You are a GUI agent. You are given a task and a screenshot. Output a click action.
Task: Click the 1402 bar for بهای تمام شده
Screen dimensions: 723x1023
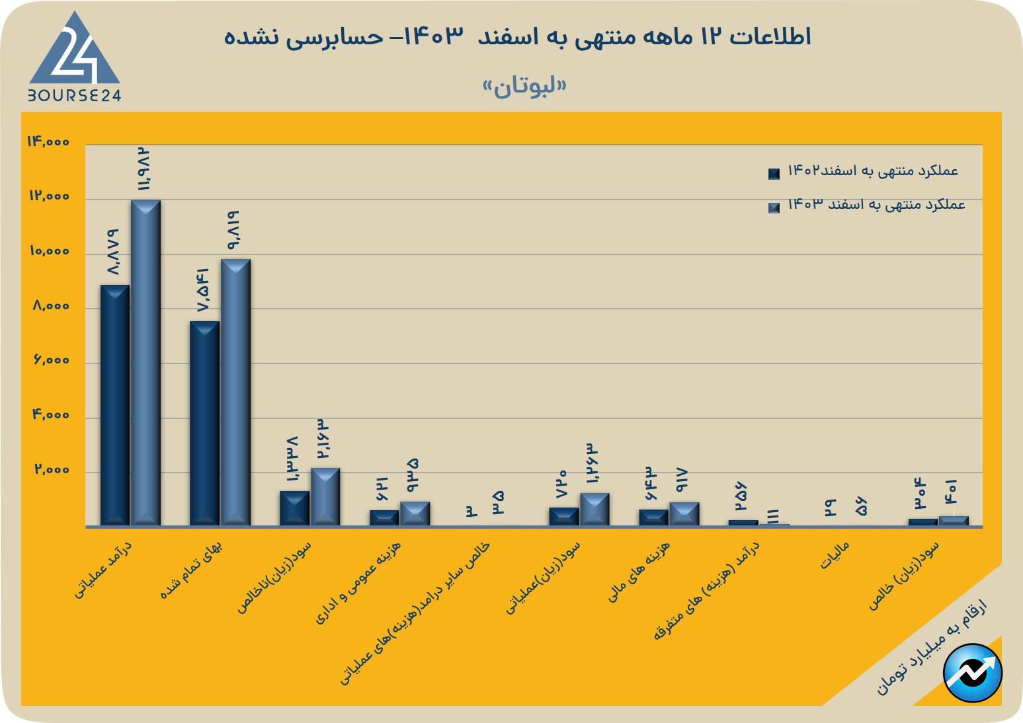point(204,423)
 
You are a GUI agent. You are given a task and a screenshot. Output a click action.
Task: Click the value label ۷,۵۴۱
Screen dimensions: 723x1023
point(202,291)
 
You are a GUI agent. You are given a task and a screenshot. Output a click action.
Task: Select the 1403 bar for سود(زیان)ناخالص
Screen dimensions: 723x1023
point(325,496)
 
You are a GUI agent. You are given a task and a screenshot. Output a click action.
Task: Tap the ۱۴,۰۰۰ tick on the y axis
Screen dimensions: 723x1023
point(48,142)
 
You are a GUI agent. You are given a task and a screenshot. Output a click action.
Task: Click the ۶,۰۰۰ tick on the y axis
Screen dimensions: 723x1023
point(50,361)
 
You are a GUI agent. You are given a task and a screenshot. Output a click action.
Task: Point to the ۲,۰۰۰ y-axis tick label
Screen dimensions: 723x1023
point(51,470)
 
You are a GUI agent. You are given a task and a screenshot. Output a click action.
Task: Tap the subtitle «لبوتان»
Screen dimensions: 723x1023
point(524,87)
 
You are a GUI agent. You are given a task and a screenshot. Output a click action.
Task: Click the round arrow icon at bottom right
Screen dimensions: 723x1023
point(973,673)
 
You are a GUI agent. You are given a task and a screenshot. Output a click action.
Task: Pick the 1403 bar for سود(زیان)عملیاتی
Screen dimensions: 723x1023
point(594,509)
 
